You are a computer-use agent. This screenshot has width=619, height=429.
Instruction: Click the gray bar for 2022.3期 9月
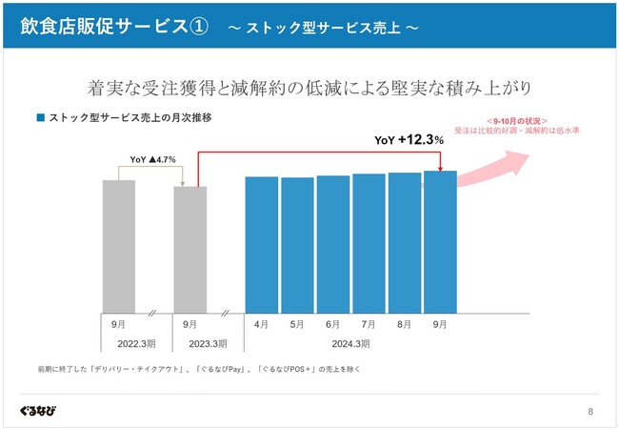click(x=119, y=246)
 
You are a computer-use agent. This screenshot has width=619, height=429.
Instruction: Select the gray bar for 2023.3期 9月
click(x=190, y=249)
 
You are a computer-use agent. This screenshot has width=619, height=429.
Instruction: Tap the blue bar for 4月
click(x=262, y=244)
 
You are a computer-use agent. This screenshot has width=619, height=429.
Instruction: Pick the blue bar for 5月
click(x=297, y=244)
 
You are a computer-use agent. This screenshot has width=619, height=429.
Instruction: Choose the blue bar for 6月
click(x=333, y=243)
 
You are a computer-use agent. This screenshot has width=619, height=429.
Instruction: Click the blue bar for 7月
click(x=369, y=242)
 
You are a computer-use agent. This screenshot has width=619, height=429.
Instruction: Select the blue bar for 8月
click(x=405, y=242)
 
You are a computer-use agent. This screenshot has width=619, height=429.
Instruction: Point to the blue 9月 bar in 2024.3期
click(x=440, y=241)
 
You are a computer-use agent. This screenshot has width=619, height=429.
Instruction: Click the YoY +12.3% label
click(x=409, y=140)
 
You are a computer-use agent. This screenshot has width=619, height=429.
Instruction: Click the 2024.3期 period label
click(x=351, y=343)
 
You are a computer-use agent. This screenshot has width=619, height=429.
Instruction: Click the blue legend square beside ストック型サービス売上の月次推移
click(x=40, y=118)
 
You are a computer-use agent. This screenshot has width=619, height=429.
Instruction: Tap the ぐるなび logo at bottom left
click(x=37, y=411)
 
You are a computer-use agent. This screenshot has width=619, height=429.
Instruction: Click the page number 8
click(x=590, y=412)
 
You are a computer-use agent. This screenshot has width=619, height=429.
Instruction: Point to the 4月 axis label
click(x=262, y=324)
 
